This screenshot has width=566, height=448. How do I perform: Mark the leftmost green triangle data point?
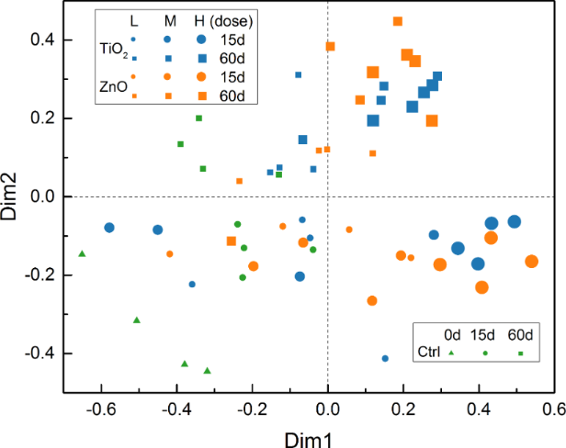[x=82, y=253]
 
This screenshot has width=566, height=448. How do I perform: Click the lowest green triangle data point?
[x=208, y=371]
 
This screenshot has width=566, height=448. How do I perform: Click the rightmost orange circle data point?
[x=531, y=262]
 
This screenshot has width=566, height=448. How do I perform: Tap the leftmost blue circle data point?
[x=109, y=228]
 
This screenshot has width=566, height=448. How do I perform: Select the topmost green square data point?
[x=198, y=118]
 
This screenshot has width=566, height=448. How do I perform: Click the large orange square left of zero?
[x=232, y=241]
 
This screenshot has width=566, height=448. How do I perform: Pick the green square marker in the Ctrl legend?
[x=520, y=353]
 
